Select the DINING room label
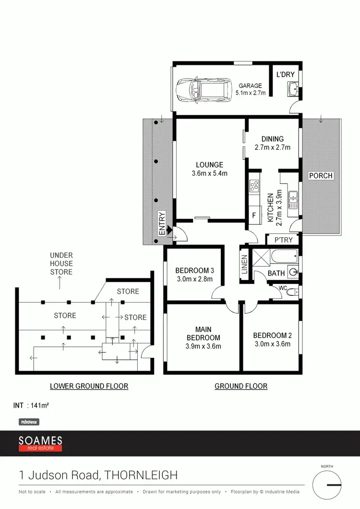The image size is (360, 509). point(272,139)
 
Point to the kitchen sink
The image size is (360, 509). point(293,197)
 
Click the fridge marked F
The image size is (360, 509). point(254,215)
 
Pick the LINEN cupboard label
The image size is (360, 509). point(245,265)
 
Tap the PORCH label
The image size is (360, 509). point(321,176)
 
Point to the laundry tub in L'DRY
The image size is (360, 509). point(292,89)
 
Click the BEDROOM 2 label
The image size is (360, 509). point(272,335)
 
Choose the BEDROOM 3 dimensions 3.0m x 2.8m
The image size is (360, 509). point(194,279)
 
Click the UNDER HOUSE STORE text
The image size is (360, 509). point(61,264)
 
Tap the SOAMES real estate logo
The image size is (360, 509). point(40,443)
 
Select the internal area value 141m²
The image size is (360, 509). point(39,405)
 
